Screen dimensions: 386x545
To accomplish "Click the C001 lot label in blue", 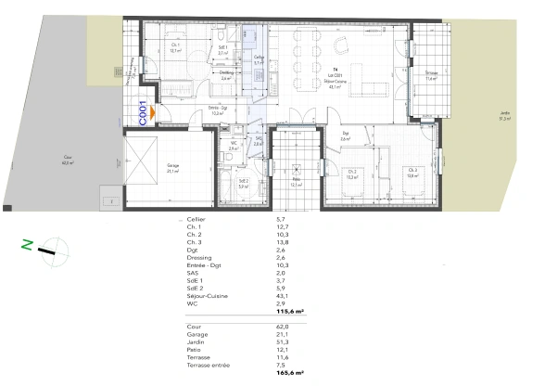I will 143,112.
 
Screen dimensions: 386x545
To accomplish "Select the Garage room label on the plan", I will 172,168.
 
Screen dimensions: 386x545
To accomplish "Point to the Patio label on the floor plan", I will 296,182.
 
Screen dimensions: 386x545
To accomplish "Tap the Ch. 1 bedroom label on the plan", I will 176,49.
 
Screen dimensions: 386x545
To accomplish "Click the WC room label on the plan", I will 234,144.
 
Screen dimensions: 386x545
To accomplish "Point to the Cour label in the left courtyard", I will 67,160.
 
